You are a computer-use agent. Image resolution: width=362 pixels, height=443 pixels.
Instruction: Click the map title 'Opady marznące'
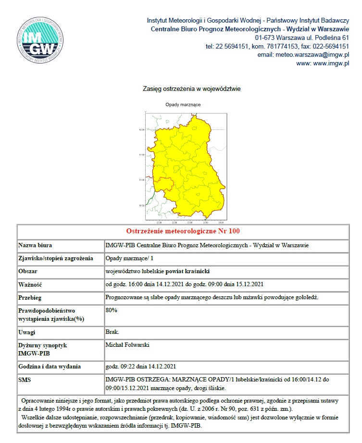click(183, 104)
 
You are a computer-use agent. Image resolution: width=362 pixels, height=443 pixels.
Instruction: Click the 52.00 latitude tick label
click(141, 130)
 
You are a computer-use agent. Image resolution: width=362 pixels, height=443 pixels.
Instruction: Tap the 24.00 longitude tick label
click(221, 223)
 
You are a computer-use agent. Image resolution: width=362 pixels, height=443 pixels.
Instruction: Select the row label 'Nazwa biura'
click(35, 245)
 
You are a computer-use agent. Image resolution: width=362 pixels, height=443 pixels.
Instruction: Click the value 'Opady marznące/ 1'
click(128, 258)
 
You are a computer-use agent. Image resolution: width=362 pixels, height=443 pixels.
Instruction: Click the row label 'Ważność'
click(31, 284)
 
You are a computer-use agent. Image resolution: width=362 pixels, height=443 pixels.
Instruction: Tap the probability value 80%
click(111, 310)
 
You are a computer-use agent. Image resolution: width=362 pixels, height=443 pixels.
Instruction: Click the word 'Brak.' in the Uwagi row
click(112, 332)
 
